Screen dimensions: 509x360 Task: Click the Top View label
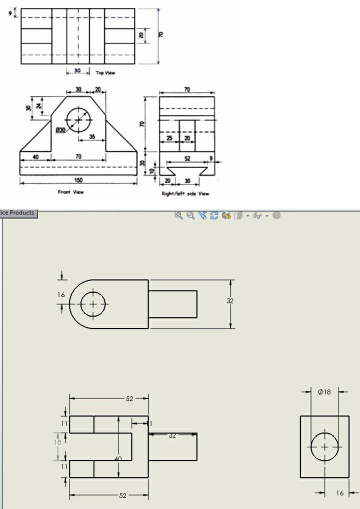click(105, 73)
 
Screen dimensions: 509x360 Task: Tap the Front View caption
click(71, 192)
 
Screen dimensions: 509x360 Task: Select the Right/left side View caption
click(185, 193)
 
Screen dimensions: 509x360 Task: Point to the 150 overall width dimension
click(78, 180)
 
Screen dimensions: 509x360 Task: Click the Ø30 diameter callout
click(60, 130)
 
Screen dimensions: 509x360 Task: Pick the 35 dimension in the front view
click(92, 136)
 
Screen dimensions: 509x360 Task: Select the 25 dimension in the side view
click(169, 137)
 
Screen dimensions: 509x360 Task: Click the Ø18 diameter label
click(324, 392)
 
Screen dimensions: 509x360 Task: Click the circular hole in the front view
click(79, 120)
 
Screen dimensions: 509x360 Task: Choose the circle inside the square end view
click(324, 446)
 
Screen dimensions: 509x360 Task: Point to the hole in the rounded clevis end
click(93, 304)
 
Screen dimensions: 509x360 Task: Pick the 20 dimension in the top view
click(141, 35)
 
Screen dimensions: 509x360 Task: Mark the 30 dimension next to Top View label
click(77, 71)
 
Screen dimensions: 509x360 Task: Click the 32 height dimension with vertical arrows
click(230, 301)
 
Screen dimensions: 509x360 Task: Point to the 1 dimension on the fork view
click(150, 423)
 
